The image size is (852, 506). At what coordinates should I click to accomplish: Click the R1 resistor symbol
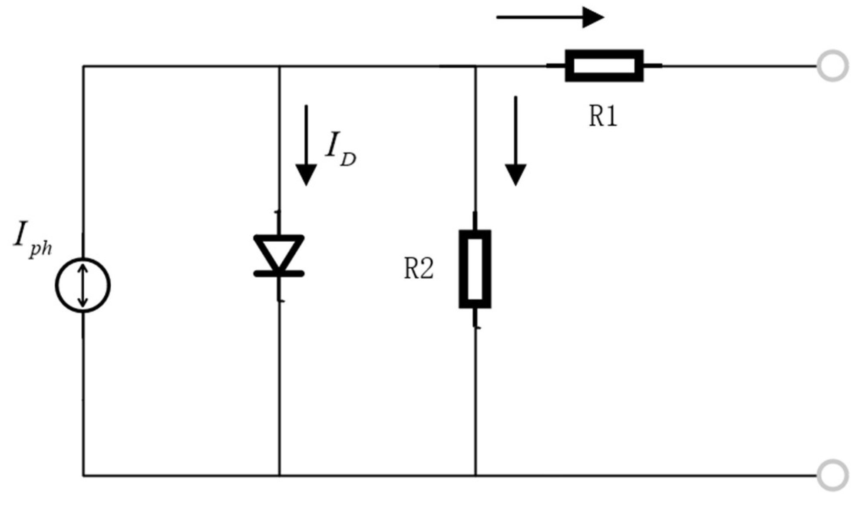tap(604, 66)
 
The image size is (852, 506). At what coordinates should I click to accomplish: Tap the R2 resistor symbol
tap(475, 269)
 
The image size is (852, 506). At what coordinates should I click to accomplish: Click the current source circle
tap(83, 285)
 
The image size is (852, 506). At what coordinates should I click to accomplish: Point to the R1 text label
tap(603, 116)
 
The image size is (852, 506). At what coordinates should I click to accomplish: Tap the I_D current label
tap(340, 153)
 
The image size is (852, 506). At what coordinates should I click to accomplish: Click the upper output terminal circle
tap(832, 66)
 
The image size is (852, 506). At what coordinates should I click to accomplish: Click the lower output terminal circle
tap(832, 475)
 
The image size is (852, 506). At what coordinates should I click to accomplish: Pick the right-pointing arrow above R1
tap(550, 17)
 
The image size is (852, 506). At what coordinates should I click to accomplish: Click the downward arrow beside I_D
tap(306, 145)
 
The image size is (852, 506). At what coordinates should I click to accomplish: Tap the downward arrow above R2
tap(515, 141)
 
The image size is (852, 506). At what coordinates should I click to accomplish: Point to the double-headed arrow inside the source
tap(83, 285)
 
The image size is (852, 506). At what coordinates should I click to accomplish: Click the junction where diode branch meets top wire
tap(279, 66)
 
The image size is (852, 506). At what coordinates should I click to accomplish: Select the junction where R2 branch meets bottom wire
tap(476, 476)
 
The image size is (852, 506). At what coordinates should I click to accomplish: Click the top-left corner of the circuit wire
tap(83, 66)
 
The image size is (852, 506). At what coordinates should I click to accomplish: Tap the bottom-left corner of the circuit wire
tap(83, 476)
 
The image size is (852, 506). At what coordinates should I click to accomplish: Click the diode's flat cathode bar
tap(279, 273)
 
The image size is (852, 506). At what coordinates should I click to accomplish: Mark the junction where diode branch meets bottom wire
tap(279, 476)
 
